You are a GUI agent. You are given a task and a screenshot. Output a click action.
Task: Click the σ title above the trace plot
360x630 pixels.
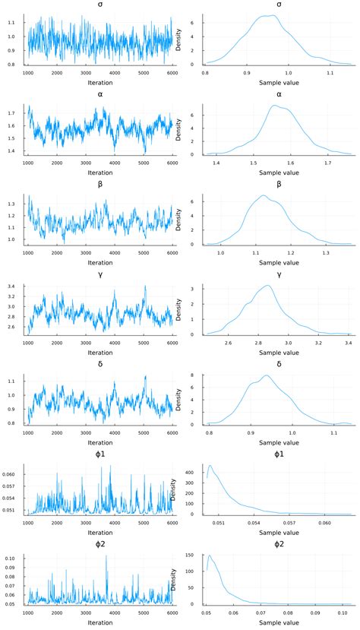(99, 5)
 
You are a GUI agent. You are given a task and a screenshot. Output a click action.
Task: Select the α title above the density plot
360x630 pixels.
(279, 94)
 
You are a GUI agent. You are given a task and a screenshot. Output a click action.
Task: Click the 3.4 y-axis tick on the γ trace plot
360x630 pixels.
(17, 287)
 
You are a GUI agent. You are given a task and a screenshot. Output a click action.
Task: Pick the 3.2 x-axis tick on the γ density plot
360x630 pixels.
(318, 343)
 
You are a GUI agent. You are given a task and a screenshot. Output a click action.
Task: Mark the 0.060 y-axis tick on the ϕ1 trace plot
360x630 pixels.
(13, 473)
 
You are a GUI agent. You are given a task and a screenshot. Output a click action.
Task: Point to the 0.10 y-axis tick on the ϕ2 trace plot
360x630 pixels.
(15, 558)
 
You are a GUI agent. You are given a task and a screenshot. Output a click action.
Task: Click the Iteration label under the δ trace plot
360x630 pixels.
(99, 443)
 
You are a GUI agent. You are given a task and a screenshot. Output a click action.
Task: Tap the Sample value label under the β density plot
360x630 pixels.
(279, 263)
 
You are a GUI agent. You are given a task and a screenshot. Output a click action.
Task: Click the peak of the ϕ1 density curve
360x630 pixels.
(210, 466)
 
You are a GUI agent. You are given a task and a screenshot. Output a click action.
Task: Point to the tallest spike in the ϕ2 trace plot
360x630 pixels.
(106, 556)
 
